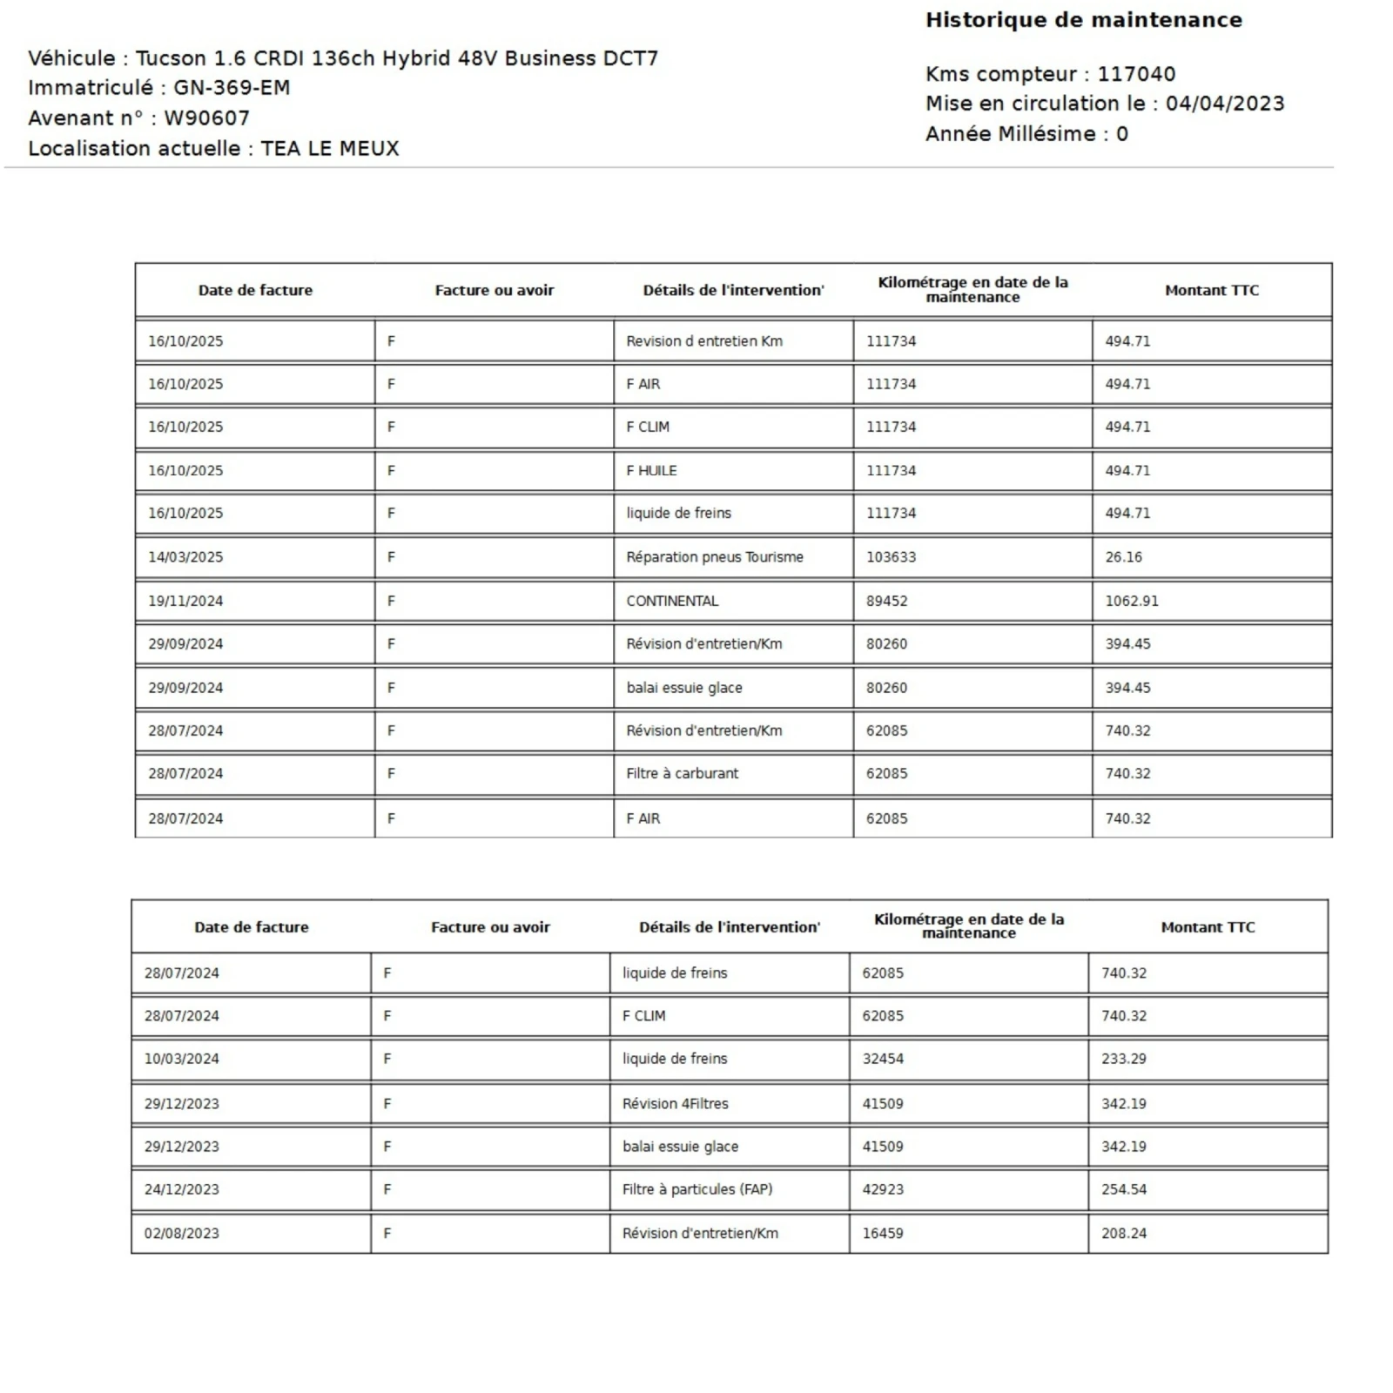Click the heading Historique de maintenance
click(1083, 20)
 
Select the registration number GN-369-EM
click(232, 88)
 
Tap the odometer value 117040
click(1135, 74)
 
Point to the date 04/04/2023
click(1224, 104)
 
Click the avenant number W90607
click(206, 118)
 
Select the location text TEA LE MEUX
click(329, 149)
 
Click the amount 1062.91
click(1131, 601)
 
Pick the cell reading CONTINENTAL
click(672, 601)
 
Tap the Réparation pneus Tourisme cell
click(714, 557)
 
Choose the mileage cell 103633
click(891, 557)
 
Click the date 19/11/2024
click(185, 601)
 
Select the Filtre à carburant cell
click(682, 773)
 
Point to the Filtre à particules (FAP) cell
click(696, 1189)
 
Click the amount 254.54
click(1123, 1189)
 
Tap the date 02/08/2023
click(181, 1233)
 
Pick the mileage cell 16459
click(882, 1233)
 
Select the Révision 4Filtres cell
click(675, 1103)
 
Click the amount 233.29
click(1123, 1059)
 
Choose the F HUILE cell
click(651, 470)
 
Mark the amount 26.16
click(1123, 557)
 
